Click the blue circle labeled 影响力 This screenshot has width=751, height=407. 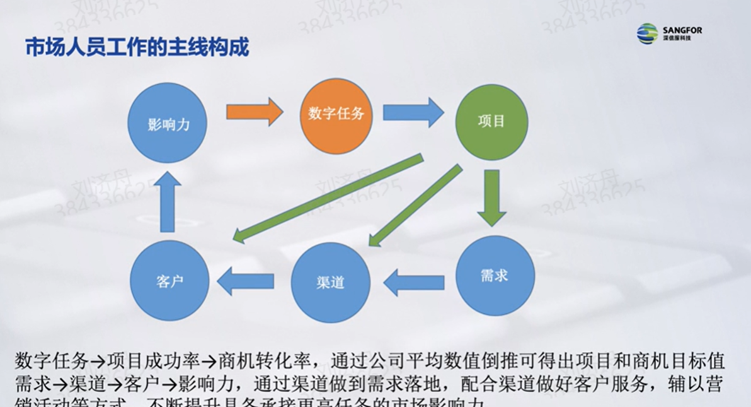tap(168, 123)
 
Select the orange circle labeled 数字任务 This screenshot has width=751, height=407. tap(336, 116)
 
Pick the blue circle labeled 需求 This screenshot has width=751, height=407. tap(495, 276)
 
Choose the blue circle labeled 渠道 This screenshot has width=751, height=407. tap(330, 282)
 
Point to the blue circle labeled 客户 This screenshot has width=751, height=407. tap(169, 281)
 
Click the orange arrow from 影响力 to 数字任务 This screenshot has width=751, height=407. tap(254, 112)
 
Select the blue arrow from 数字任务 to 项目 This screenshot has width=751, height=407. tap(413, 112)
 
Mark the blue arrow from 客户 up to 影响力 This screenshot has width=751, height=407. tap(168, 202)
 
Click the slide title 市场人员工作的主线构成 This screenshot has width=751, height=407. tap(137, 47)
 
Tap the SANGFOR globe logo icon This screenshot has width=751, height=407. tap(647, 33)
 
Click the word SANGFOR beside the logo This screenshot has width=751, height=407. tap(682, 30)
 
